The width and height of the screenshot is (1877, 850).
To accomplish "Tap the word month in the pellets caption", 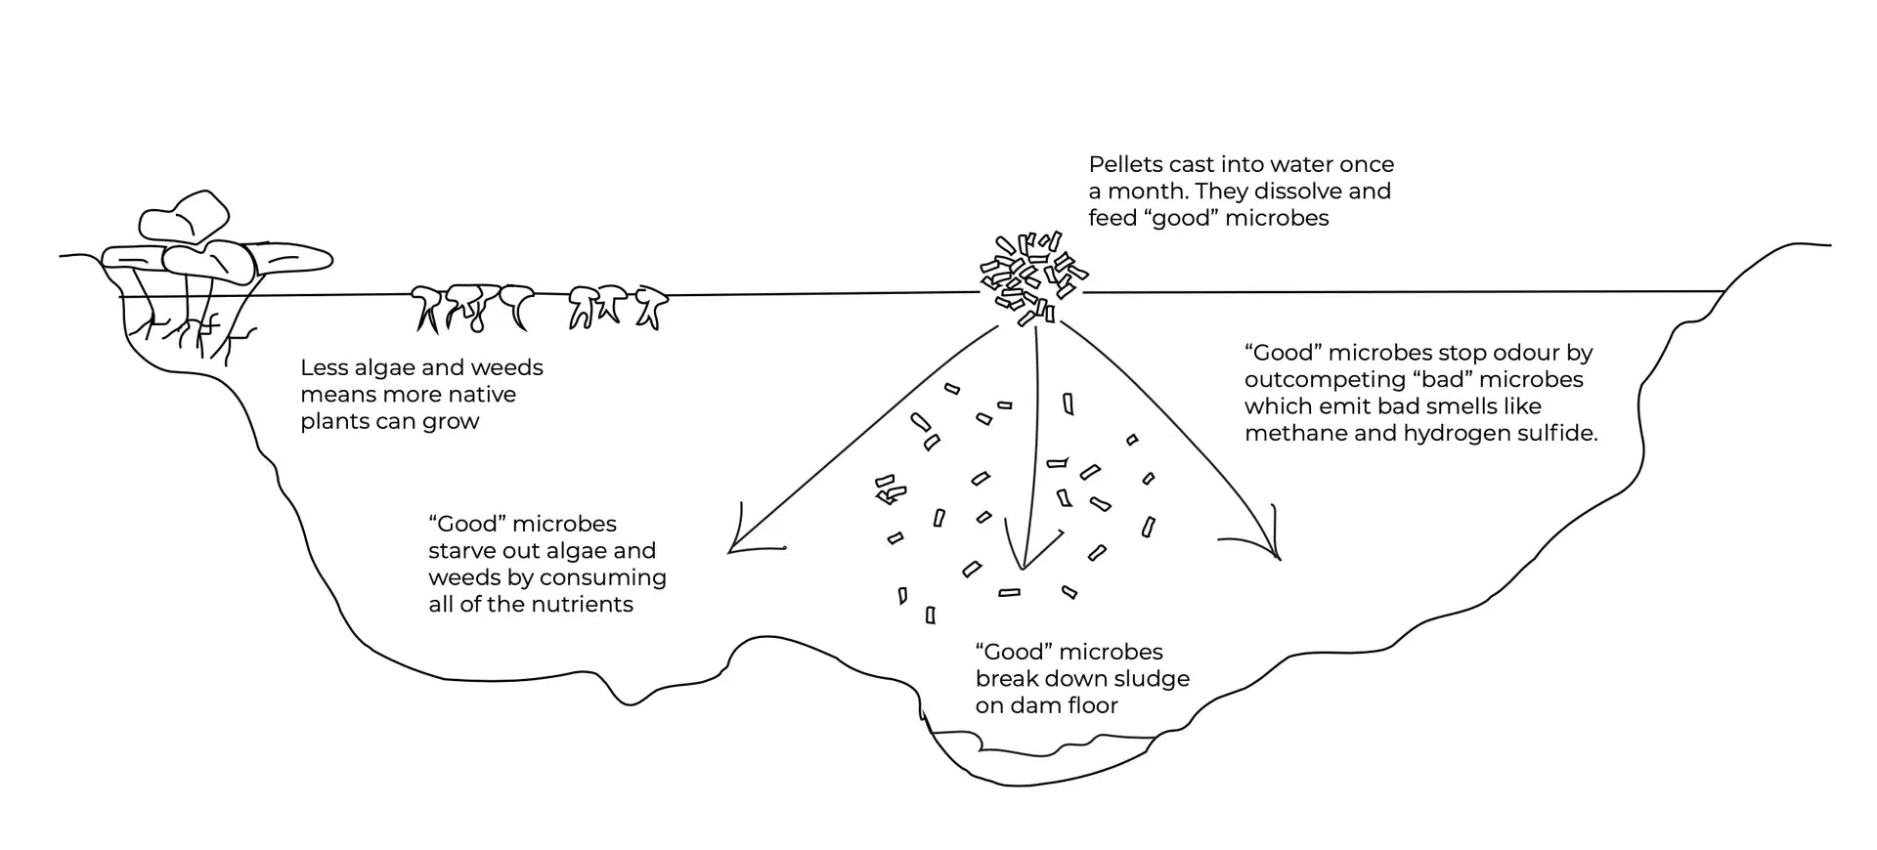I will pos(1145,191).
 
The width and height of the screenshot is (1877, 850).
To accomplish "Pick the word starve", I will pos(463,551).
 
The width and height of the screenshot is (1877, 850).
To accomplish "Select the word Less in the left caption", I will pos(324,368).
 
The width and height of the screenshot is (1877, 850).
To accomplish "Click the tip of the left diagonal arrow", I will pos(731,552).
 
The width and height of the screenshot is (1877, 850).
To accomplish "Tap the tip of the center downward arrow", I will pos(1022,568).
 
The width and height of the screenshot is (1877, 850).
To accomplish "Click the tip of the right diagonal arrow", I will pos(1278,558).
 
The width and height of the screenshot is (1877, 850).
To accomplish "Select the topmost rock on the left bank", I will pos(185,216).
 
